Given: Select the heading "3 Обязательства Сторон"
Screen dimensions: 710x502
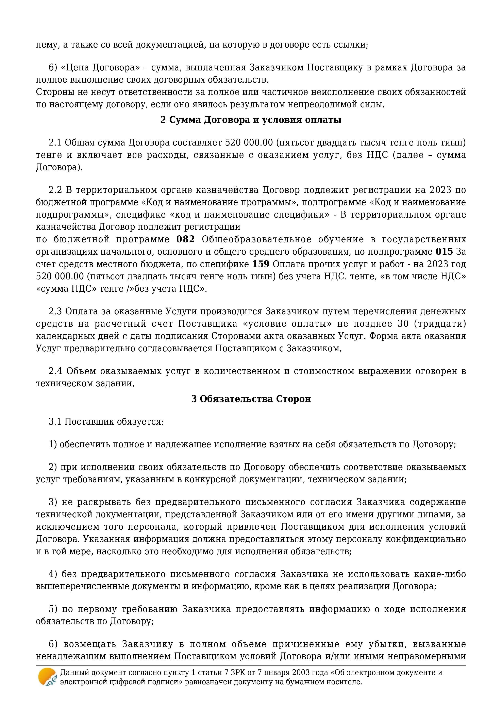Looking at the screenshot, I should [251, 399].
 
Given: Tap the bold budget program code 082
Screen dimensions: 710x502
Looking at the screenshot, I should [186, 239].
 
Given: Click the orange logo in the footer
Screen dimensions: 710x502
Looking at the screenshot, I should [47, 677].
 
